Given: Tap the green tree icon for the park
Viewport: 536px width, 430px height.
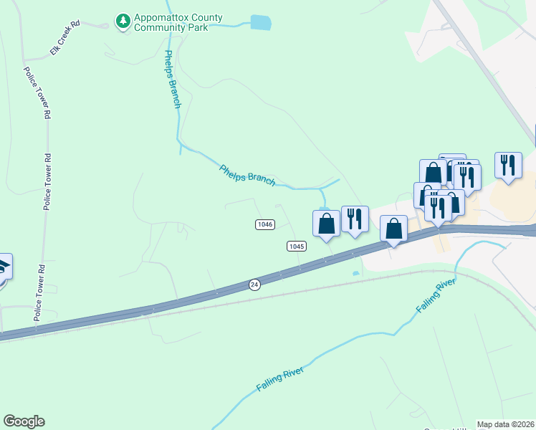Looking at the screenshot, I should click(123, 21).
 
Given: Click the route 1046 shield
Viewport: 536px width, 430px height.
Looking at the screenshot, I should click(264, 224).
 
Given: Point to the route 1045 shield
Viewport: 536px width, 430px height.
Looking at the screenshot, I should click(297, 246).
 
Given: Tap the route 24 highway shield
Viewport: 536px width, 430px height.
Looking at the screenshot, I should click(254, 285).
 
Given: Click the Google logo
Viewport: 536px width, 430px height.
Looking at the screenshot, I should click(24, 421).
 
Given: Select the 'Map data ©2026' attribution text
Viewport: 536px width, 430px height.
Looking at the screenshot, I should click(505, 424).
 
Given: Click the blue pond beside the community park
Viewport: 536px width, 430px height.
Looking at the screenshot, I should click(261, 23).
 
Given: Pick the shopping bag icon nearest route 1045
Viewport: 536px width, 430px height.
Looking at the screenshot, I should click(327, 224).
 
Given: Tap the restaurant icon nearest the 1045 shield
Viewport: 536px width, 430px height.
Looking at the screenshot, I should click(355, 219).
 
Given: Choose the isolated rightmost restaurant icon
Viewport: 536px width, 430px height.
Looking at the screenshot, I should click(507, 165).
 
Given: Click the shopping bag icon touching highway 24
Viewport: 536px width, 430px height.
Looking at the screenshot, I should click(393, 229).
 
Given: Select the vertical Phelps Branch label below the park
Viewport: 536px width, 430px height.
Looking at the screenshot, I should click(173, 79).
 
